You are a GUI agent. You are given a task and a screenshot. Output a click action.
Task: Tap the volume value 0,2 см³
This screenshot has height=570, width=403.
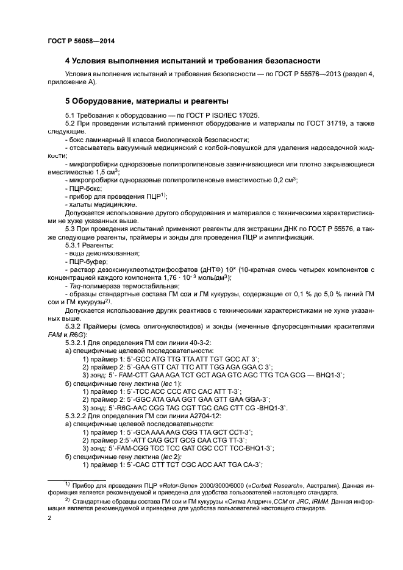pyautogui.click(x=281, y=180)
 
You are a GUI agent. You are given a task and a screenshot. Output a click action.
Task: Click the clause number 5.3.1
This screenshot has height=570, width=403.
pyautogui.click(x=74, y=244)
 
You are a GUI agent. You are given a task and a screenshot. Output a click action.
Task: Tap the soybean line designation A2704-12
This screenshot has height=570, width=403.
pyautogui.click(x=172, y=415)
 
